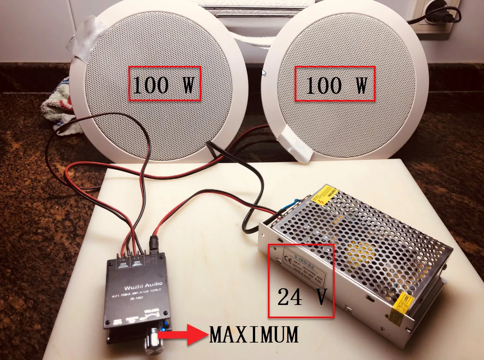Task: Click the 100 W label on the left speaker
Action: pyautogui.click(x=165, y=84)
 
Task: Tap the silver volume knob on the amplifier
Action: pyautogui.click(x=154, y=340)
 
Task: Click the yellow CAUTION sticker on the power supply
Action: pyautogui.click(x=325, y=196)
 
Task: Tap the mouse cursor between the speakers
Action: pyautogui.click(x=264, y=72)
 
